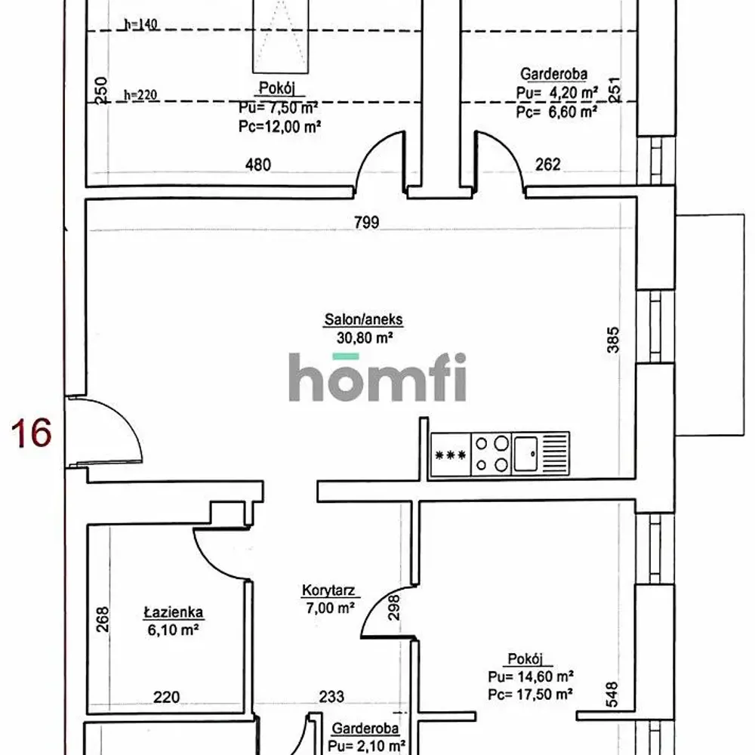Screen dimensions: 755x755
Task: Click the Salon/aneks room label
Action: point(364,319)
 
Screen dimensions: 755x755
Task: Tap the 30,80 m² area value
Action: point(365,337)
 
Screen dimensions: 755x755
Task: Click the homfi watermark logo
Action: point(377,377)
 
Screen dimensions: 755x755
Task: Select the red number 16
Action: point(31,433)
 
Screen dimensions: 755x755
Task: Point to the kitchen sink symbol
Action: point(525,454)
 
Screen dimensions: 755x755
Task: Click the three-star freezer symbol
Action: point(450,455)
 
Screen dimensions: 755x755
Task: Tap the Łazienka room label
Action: point(174,612)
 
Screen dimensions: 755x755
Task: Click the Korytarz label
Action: point(328,590)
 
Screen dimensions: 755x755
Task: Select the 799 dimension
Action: point(366,223)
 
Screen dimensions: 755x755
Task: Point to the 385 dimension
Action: point(613,340)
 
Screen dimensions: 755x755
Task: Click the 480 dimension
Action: point(258,165)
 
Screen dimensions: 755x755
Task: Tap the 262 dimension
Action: point(548,165)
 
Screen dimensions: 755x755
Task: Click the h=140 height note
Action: point(141,24)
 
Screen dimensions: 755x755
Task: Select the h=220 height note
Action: point(140,95)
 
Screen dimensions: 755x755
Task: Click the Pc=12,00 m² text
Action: point(280,127)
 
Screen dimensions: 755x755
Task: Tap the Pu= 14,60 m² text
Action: point(531,676)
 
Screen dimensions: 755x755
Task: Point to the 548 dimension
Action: point(612,694)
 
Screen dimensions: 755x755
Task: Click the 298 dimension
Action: point(394,607)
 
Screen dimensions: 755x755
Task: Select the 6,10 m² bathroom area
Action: point(174,630)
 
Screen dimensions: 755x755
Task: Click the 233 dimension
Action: point(331,696)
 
